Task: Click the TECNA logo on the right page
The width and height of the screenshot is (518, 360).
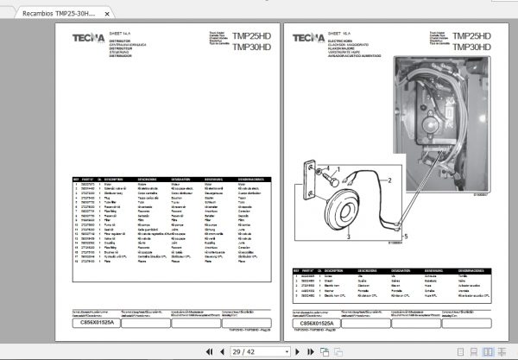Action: point(308,38)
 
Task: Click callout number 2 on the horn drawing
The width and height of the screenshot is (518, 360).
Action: point(389,180)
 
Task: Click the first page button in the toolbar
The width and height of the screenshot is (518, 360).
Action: point(209,351)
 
